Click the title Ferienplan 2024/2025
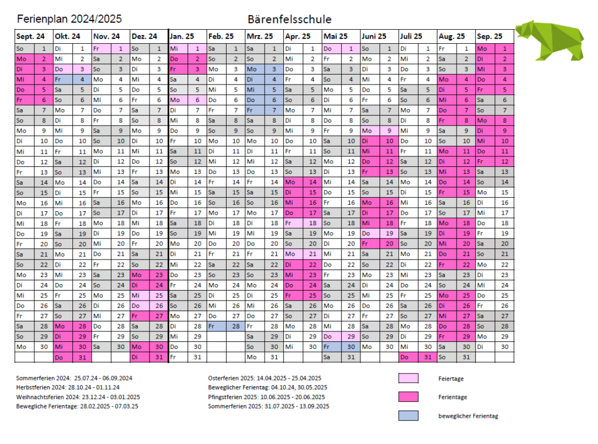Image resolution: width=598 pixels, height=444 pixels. point(69,19)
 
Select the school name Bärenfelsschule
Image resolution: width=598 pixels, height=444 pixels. point(290,19)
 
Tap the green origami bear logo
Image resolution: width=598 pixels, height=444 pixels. point(550,40)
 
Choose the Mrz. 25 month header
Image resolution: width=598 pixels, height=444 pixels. point(260,37)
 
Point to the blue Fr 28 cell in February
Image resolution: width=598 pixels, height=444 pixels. point(226,326)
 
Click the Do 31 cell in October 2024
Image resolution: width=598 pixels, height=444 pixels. point(72,357)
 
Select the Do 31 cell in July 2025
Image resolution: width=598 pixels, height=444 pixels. point(418,357)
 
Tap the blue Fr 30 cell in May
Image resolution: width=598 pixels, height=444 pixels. point(341,347)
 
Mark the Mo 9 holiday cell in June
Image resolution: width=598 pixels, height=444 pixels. point(380,131)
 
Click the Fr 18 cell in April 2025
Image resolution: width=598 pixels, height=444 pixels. point(303,223)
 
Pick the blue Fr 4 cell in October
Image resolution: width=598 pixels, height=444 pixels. point(72,79)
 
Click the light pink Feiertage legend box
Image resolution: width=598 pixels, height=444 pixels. point(408,378)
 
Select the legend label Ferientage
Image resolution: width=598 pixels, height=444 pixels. point(453,397)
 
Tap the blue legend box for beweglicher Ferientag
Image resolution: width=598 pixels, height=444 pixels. point(408,415)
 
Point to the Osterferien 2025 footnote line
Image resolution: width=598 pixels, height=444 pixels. point(265,378)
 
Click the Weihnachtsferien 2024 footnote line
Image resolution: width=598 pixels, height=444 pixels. point(78,397)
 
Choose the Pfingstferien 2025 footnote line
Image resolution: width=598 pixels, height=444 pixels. point(266,397)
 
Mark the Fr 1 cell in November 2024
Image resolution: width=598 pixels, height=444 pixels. point(111,48)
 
